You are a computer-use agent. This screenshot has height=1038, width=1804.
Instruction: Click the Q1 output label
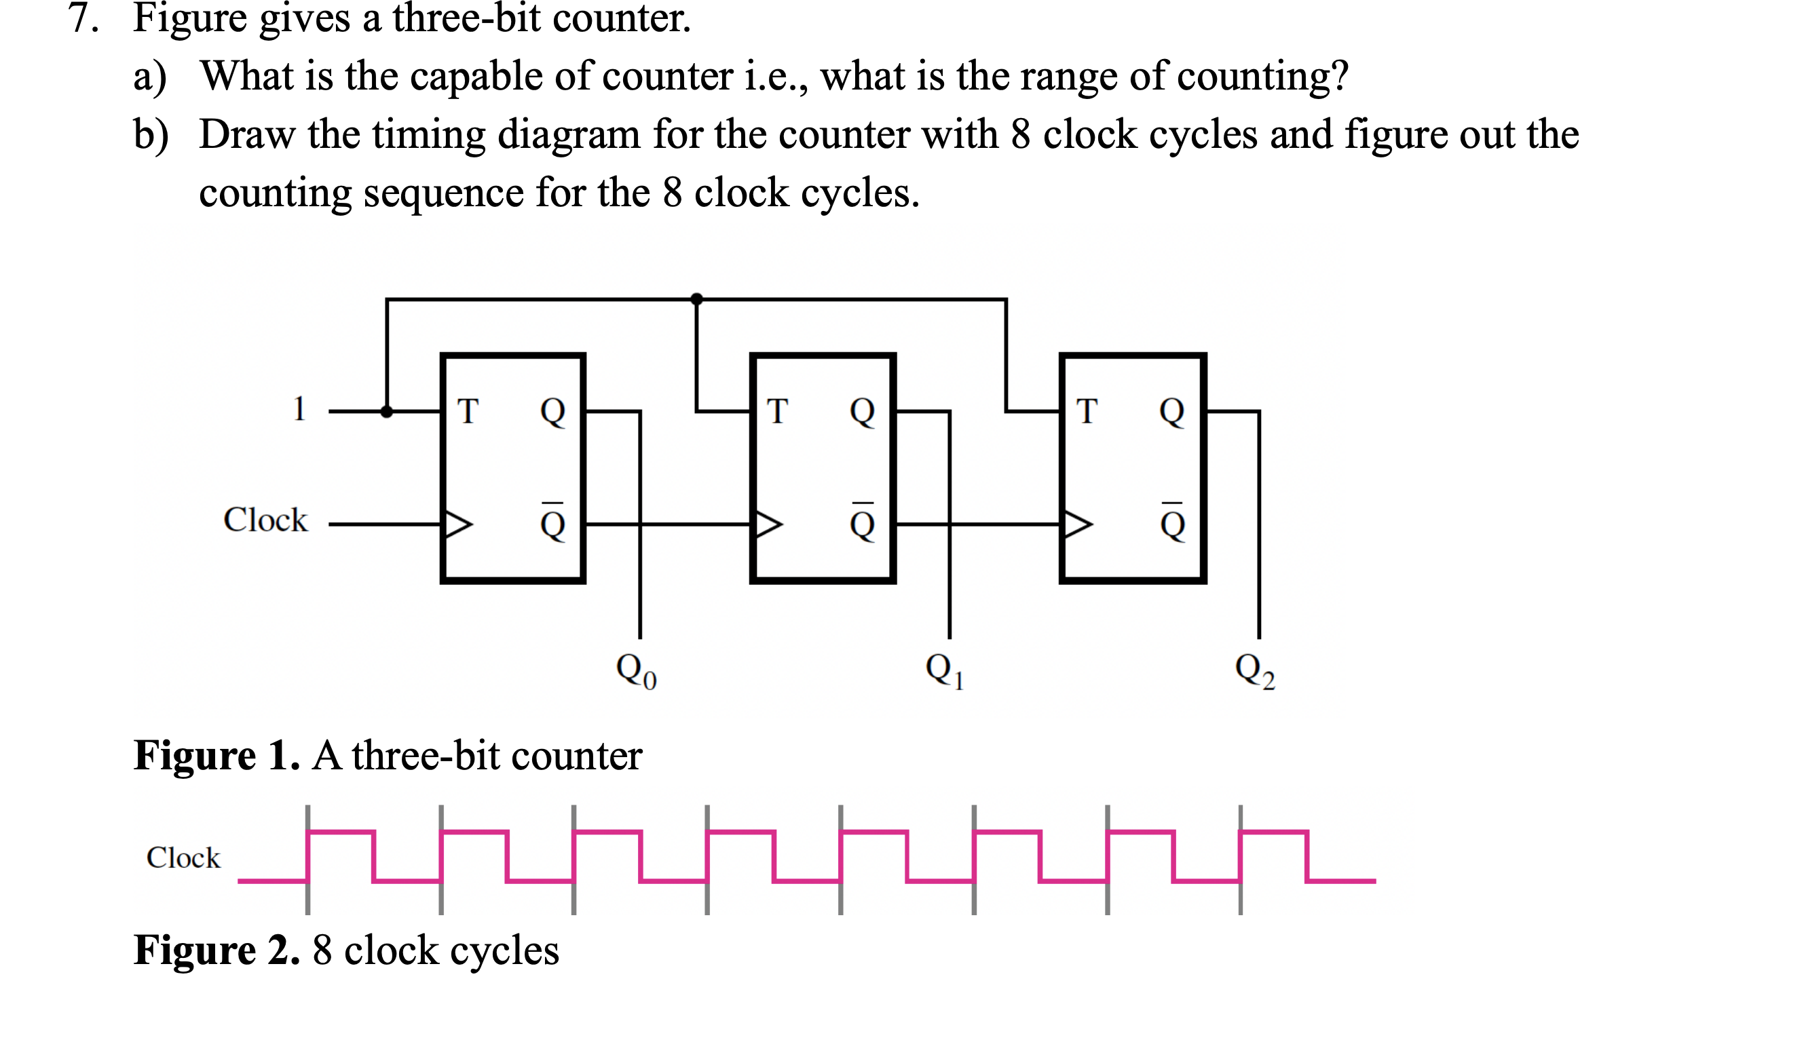945,671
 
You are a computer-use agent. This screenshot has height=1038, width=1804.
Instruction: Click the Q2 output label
1254,671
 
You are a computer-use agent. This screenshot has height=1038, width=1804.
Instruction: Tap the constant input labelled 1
299,409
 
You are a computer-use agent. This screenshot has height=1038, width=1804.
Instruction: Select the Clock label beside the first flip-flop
265,520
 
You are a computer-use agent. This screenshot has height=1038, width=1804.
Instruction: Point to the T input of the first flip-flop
468,411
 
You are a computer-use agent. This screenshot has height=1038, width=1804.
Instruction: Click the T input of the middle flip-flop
777,411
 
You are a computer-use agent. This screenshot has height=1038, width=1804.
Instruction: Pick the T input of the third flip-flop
1087,411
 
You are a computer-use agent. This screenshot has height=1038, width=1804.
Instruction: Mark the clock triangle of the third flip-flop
1077,524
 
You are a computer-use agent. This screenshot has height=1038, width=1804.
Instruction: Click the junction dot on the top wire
696,299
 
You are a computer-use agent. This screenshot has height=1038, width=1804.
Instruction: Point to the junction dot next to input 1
386,411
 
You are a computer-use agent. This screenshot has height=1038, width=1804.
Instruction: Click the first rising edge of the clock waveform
307,856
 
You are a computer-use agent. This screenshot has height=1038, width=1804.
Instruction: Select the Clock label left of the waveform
183,858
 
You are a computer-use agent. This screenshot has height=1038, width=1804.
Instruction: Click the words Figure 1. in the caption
216,756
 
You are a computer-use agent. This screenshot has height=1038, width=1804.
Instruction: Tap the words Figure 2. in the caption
216,950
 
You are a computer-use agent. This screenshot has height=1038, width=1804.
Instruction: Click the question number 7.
83,17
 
